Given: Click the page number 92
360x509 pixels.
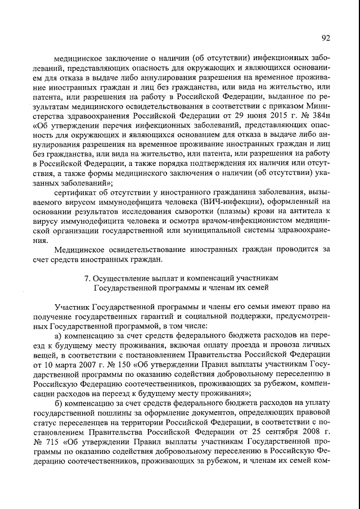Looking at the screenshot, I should (x=326, y=38).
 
